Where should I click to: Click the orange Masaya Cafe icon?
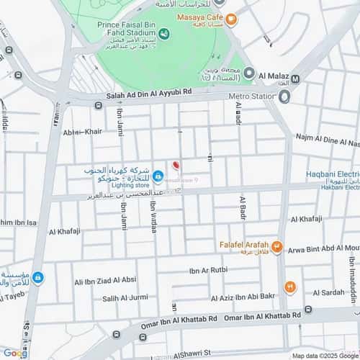click(x=230, y=19)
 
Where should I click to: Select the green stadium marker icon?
click(x=164, y=33)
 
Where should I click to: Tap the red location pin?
click(x=176, y=166)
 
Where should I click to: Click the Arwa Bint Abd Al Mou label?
click(x=322, y=248)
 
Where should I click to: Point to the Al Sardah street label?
click(x=333, y=292)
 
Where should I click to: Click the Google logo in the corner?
click(x=15, y=353)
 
